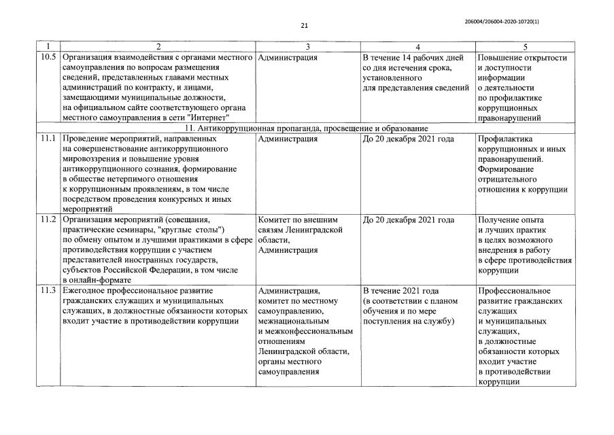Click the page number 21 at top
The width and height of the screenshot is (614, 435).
[x=304, y=27]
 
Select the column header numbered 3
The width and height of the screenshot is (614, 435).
[x=308, y=46]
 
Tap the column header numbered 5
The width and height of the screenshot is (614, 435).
[x=524, y=46]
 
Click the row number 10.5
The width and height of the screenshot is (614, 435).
[x=48, y=58]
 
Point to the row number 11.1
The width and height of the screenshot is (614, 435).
[x=48, y=139]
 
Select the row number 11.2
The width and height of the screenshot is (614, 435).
[x=48, y=220]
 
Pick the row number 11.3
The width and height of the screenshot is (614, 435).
[x=48, y=290]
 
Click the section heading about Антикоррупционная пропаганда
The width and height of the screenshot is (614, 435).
[x=306, y=128]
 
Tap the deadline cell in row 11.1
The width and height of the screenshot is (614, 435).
[x=409, y=139]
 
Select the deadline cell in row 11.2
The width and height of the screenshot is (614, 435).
[x=409, y=220]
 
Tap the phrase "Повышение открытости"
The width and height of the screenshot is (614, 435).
[x=522, y=58]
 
